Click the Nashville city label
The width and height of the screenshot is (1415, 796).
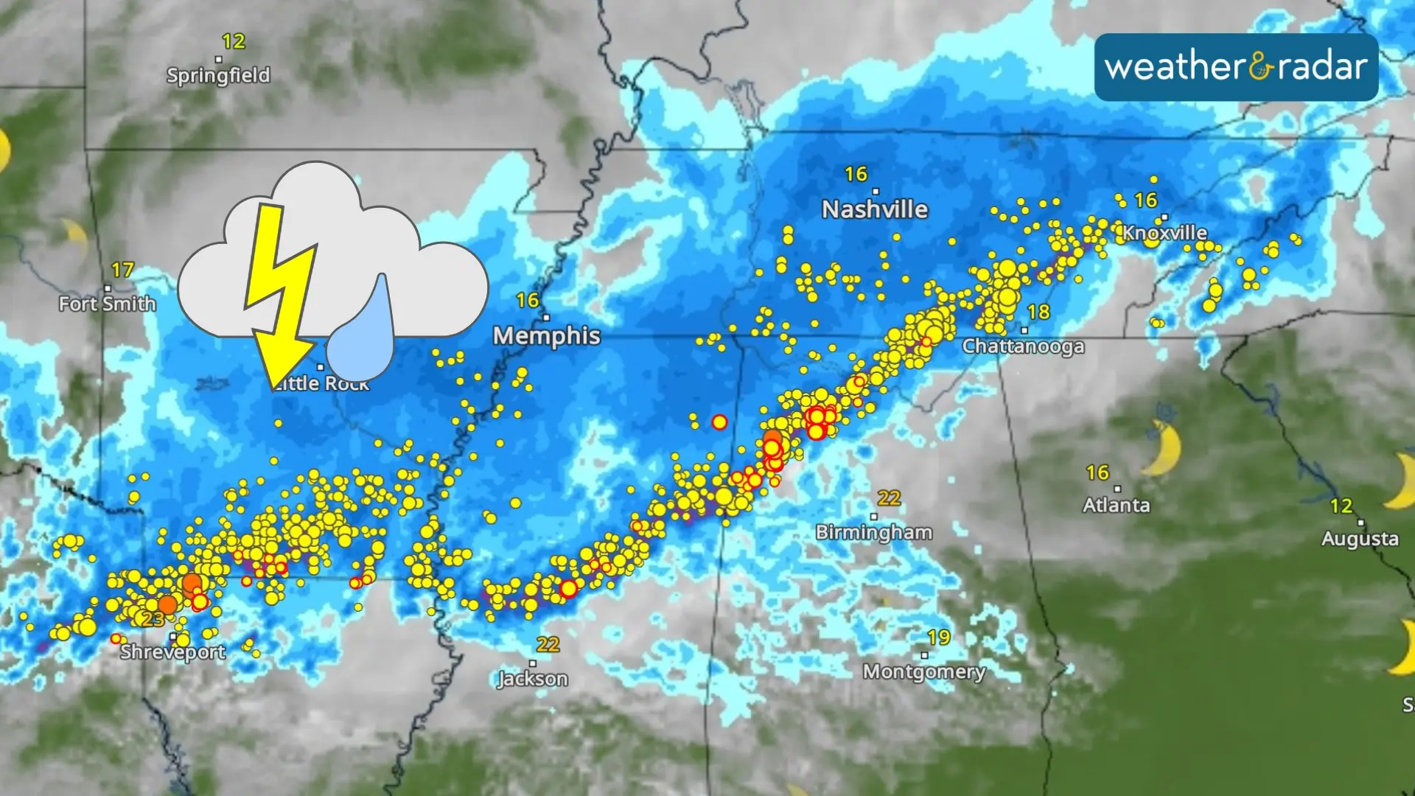875,209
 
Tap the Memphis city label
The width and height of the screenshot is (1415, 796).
547,336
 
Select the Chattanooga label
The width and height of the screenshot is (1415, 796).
1023,346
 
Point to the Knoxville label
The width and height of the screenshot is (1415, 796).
1164,233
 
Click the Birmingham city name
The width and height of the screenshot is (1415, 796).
874,532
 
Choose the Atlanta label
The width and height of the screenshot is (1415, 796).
1116,505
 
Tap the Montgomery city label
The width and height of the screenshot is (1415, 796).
924,671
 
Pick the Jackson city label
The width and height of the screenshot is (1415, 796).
533,678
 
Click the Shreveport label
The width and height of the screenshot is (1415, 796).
173,652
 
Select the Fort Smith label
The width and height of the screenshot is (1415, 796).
108,304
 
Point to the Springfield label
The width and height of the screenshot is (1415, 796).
218,75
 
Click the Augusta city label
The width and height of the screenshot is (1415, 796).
1360,539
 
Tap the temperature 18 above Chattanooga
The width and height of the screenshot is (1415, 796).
1038,313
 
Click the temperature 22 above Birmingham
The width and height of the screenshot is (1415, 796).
889,498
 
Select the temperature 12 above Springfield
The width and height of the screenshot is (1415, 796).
234,41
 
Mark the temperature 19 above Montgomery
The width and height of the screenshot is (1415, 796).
939,638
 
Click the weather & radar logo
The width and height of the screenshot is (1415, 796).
1236,67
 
